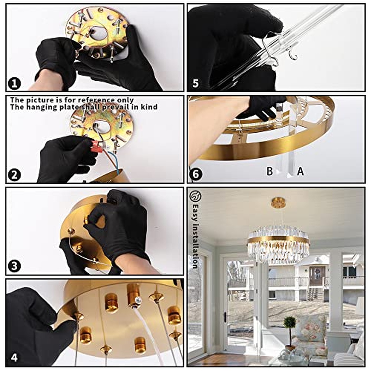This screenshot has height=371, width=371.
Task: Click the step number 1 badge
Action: click(15, 84)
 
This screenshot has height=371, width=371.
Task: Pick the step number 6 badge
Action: click(196, 175)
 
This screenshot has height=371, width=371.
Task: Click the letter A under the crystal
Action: click(300, 171)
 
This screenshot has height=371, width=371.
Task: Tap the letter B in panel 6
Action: click(270, 171)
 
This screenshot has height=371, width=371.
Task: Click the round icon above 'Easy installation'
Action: click(196, 196)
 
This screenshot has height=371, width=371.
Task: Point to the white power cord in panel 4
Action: click(148, 331)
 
